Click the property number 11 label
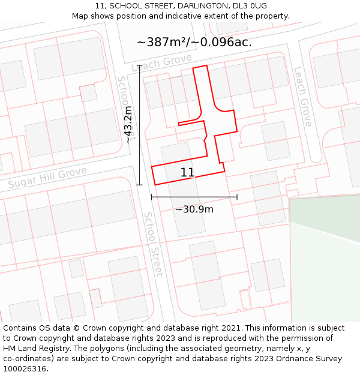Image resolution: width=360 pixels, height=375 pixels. point(187,173)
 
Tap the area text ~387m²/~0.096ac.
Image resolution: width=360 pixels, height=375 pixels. point(194,42)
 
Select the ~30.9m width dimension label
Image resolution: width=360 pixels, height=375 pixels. point(194,209)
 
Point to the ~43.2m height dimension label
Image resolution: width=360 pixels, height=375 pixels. point(128,125)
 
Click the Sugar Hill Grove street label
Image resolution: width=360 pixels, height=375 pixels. point(47,178)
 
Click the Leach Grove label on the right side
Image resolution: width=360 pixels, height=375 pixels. point(302,96)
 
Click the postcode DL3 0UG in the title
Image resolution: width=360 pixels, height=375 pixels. point(251,6)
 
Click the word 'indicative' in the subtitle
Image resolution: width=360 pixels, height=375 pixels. point(184,16)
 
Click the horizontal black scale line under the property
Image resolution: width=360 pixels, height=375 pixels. point(194,196)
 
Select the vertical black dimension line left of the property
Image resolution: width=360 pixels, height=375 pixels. point(139,125)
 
